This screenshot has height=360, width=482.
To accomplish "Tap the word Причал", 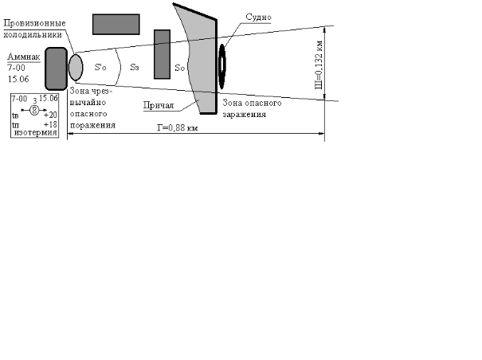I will (x=159, y=104).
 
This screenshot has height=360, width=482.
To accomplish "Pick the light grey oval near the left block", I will (x=76, y=67).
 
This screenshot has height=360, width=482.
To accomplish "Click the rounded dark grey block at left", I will (x=56, y=68).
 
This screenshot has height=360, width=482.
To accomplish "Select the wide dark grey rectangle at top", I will (x=116, y=24).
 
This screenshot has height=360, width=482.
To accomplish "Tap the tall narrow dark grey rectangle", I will (x=162, y=53).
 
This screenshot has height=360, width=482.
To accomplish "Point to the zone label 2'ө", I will (x=101, y=67).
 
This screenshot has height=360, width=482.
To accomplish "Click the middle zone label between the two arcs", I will (x=135, y=68).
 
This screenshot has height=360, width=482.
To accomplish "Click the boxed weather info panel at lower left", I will (x=35, y=116).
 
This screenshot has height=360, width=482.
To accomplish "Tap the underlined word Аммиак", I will (x=22, y=57).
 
